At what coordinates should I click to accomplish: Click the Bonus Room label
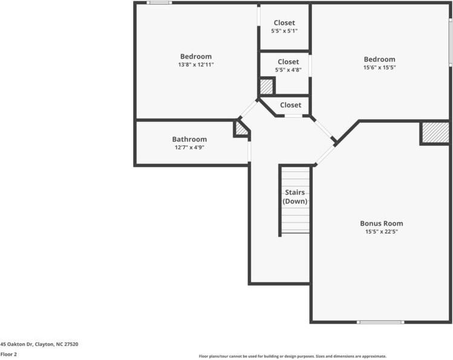[x=381, y=223]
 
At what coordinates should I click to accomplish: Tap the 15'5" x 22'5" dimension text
[x=381, y=232]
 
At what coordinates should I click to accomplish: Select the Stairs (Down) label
[x=296, y=197]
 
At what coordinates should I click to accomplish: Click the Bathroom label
[x=189, y=139]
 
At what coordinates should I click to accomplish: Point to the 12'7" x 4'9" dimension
[x=189, y=148]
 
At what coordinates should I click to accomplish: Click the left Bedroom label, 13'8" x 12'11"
[x=196, y=56]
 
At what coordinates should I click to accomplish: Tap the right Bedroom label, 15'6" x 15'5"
[x=379, y=59]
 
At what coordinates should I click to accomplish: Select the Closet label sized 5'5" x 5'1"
[x=284, y=23]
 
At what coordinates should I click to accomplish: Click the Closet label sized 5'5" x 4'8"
[x=288, y=62]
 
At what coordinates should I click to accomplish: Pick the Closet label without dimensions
[x=290, y=105]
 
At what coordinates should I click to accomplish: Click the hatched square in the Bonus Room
[x=435, y=133]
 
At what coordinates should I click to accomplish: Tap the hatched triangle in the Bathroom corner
[x=241, y=129]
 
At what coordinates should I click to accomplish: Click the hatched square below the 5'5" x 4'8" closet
[x=266, y=87]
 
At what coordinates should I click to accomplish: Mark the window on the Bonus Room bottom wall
[x=380, y=322]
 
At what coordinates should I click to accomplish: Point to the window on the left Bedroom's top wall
[x=159, y=3]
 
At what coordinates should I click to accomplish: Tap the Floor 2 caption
[x=8, y=355]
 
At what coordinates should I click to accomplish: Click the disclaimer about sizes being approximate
[x=293, y=356]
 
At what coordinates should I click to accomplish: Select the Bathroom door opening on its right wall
[x=249, y=151]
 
